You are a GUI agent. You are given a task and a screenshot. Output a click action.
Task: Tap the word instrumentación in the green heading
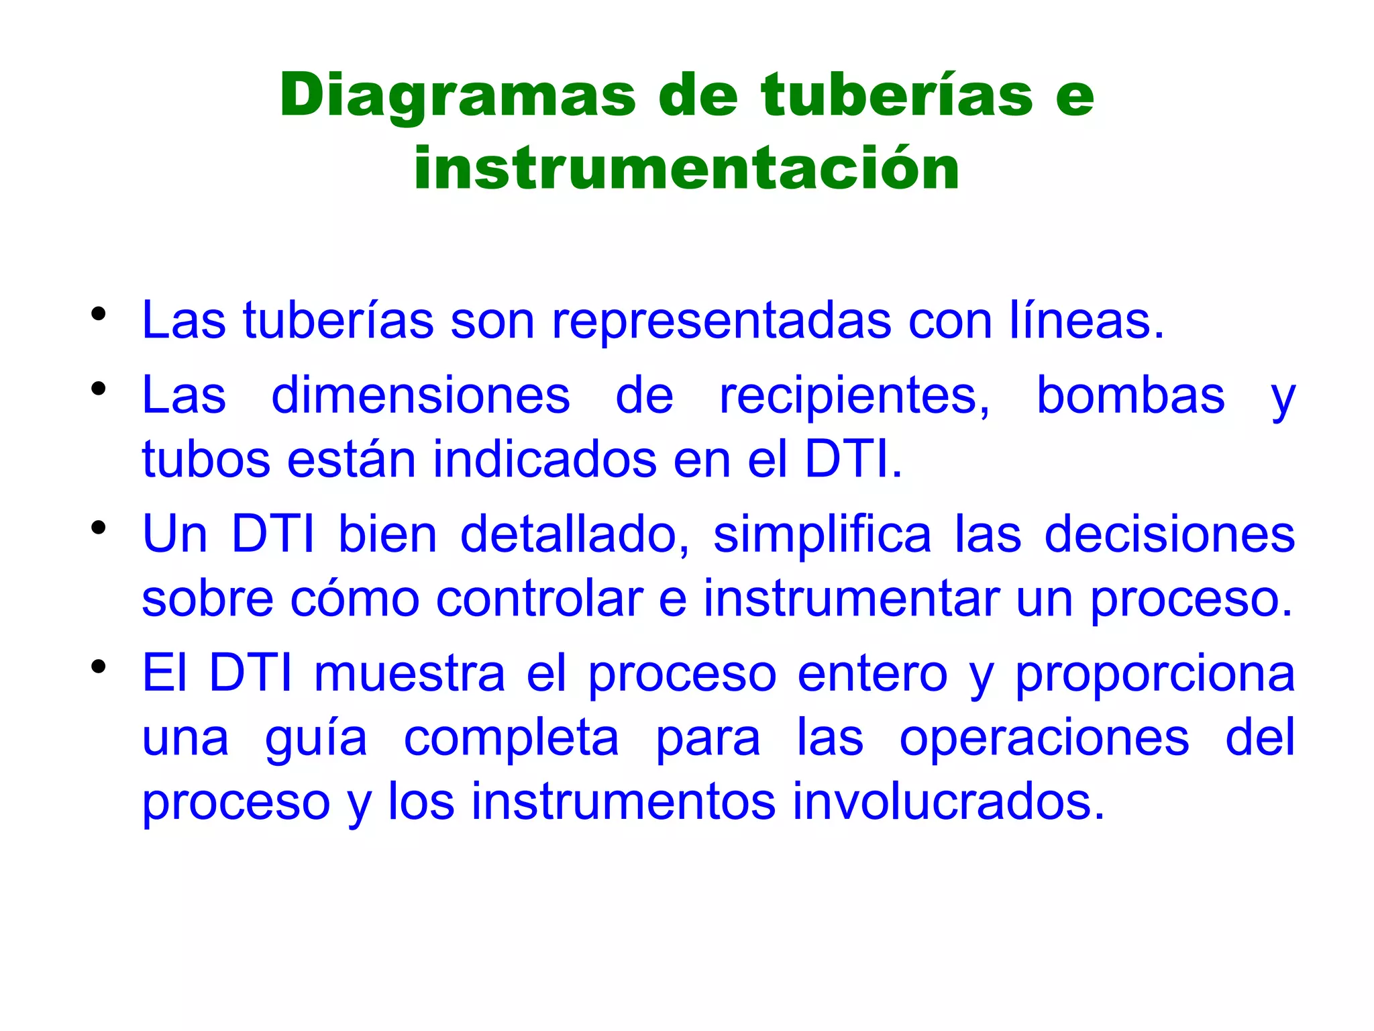click(x=686, y=168)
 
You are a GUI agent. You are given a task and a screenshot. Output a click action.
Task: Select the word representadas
click(x=721, y=321)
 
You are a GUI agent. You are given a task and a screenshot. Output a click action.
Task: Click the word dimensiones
click(x=421, y=395)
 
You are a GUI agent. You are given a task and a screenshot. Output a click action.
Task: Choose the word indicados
click(x=544, y=460)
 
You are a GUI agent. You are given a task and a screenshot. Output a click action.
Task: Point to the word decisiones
click(x=1169, y=535)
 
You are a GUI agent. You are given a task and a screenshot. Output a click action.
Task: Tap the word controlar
click(x=539, y=599)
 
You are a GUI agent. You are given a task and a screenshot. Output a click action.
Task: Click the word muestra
click(x=409, y=674)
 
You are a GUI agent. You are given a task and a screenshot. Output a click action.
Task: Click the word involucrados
click(x=948, y=801)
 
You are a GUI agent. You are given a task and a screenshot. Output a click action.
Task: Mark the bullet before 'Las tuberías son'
click(x=99, y=313)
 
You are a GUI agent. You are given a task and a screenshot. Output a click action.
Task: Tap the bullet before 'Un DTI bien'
click(x=99, y=528)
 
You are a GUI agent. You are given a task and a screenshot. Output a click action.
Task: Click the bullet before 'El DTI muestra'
click(x=99, y=667)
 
